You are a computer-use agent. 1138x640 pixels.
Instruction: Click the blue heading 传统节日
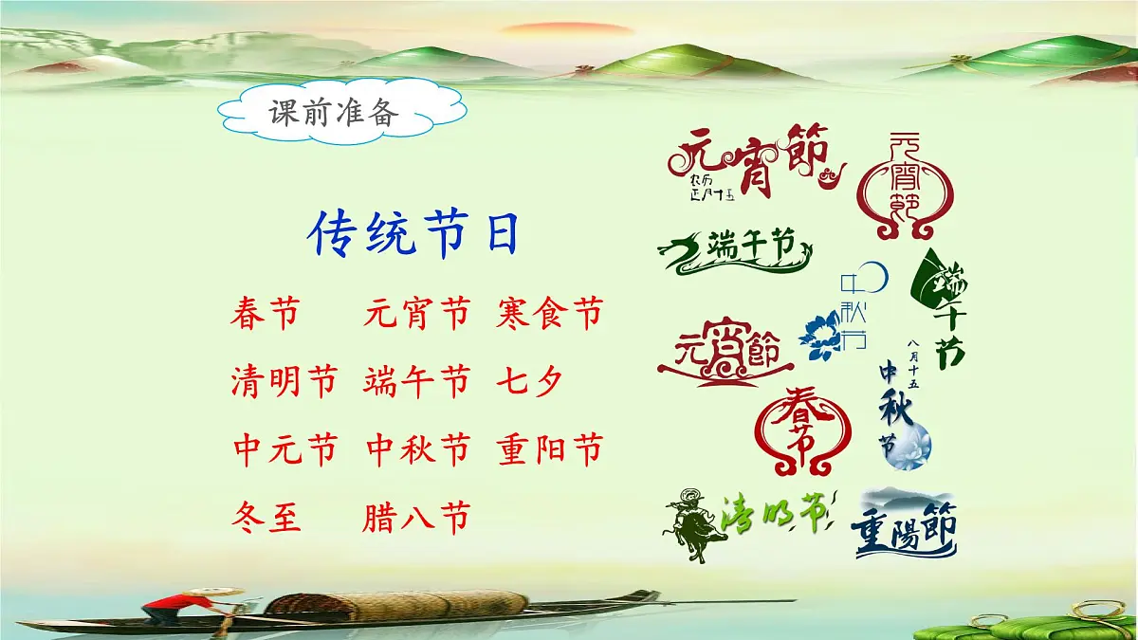pyautogui.click(x=415, y=235)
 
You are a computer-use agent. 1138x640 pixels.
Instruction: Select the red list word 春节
pyautogui.click(x=265, y=312)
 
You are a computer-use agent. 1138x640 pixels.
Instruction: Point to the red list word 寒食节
pyautogui.click(x=549, y=312)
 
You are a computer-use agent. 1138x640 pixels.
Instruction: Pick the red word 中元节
pyautogui.click(x=284, y=448)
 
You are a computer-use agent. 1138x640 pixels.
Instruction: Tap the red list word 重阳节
pyautogui.click(x=549, y=448)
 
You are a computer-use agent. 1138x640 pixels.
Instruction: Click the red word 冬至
pyautogui.click(x=266, y=518)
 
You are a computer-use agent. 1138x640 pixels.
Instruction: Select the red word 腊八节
pyautogui.click(x=415, y=518)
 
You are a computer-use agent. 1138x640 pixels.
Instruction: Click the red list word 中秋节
pyautogui.click(x=417, y=448)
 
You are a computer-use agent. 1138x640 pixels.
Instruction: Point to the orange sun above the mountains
pyautogui.click(x=574, y=29)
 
